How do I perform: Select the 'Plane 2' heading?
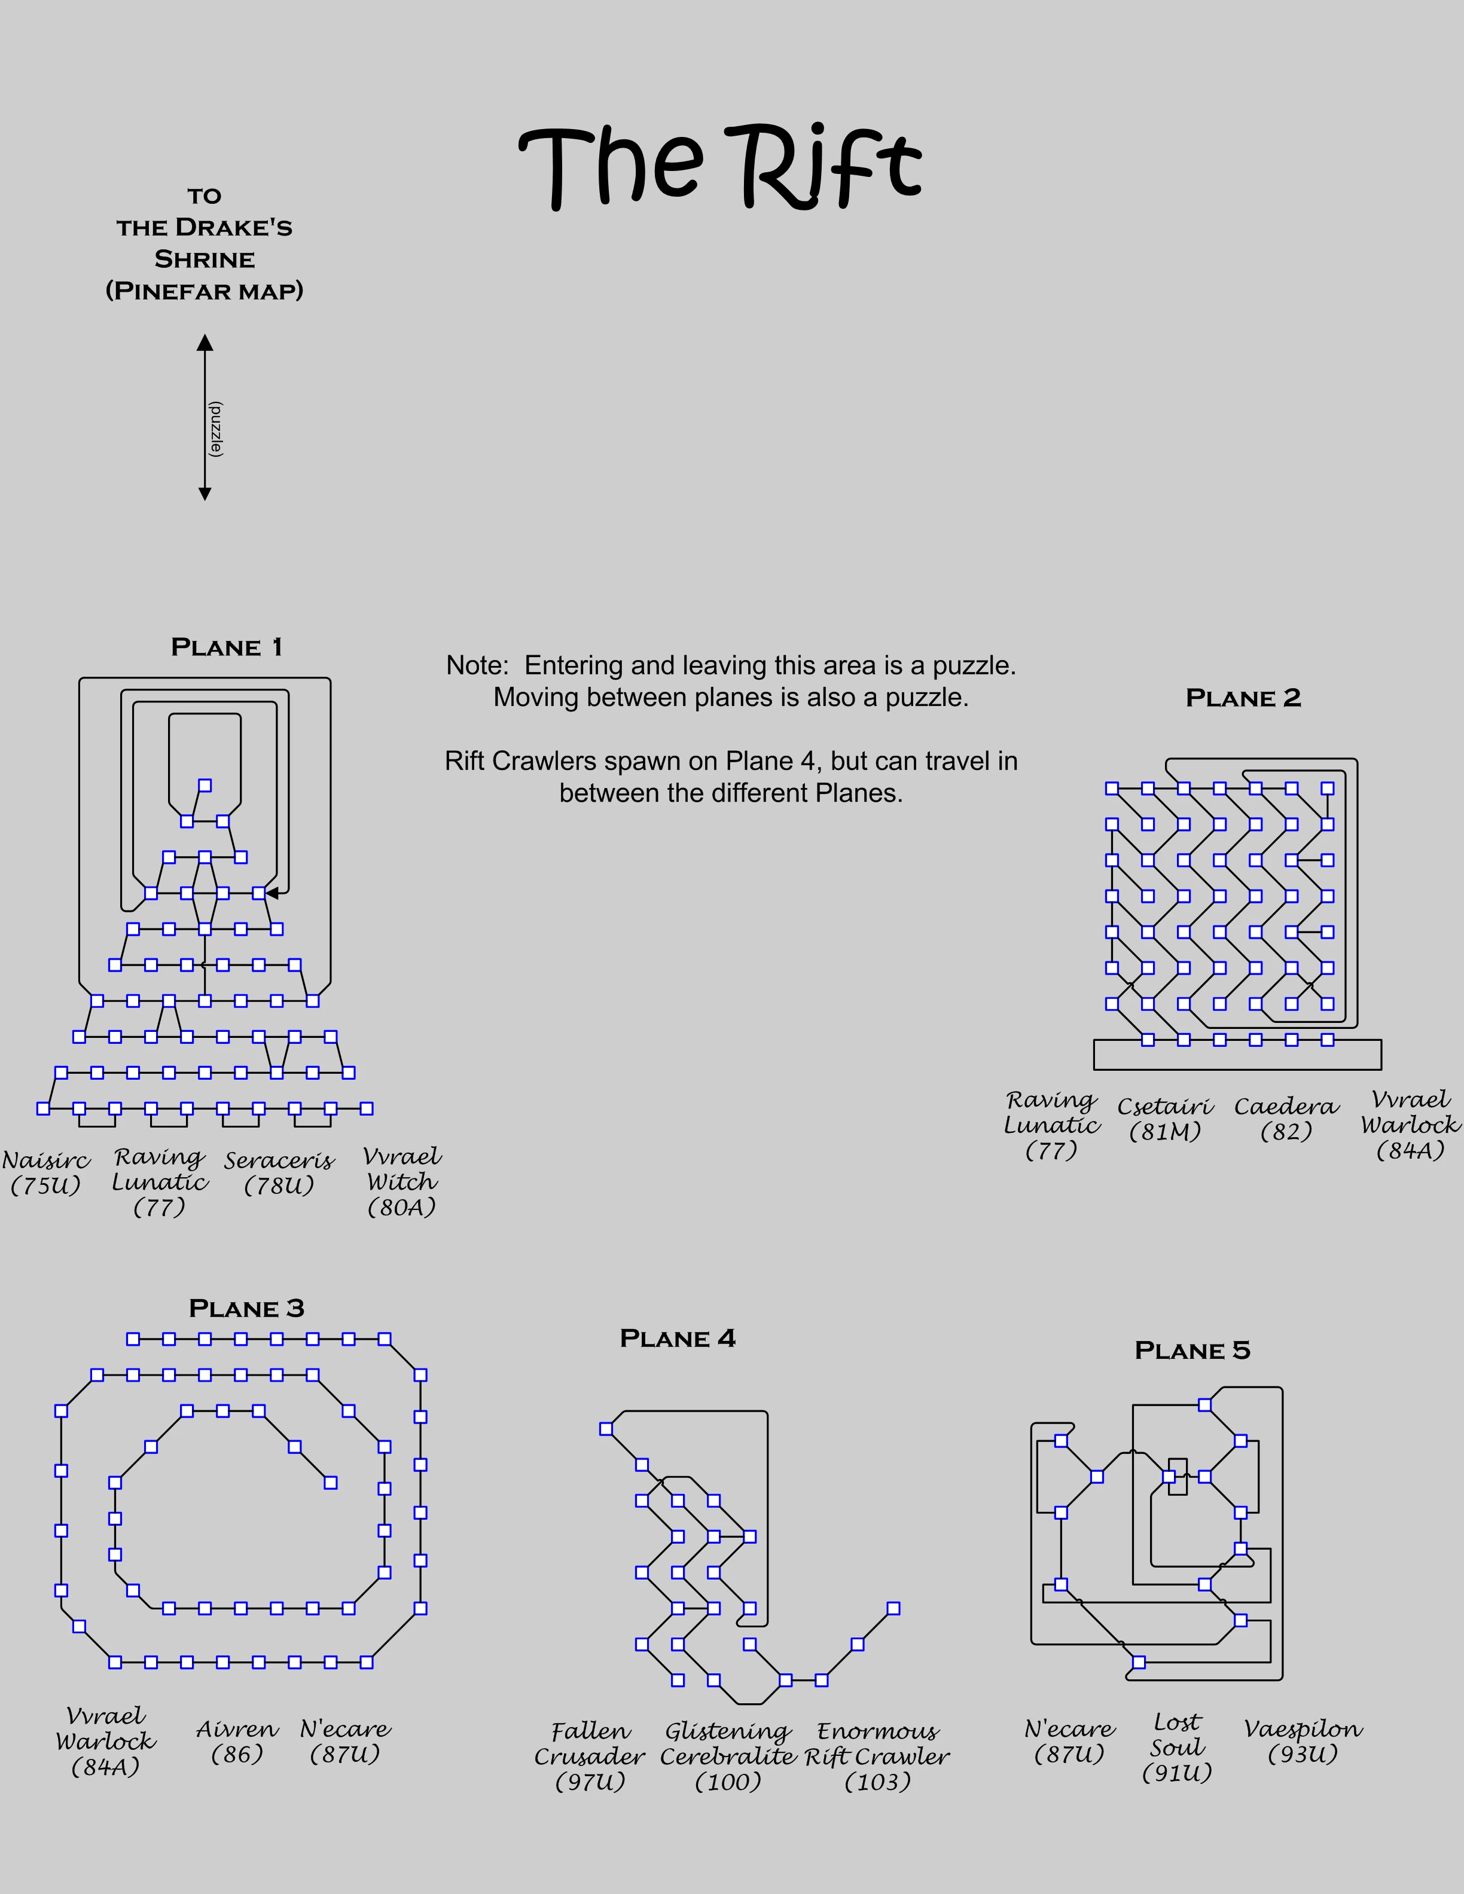(x=1243, y=698)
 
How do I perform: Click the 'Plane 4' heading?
(x=678, y=1338)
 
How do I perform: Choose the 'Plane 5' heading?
(x=1192, y=1351)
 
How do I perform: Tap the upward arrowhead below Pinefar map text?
(x=205, y=343)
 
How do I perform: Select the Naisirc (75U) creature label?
(x=46, y=1172)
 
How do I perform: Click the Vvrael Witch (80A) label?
(x=401, y=1181)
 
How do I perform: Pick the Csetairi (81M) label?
(x=1165, y=1119)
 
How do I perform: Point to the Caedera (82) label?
(x=1286, y=1119)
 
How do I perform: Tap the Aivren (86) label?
(x=237, y=1742)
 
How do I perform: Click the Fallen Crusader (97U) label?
(x=590, y=1756)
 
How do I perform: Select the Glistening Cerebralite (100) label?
(x=728, y=1756)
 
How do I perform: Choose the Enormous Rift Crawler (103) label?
(x=877, y=1756)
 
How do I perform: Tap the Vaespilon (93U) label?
(x=1303, y=1742)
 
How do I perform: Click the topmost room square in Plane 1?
(x=205, y=786)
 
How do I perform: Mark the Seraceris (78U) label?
(x=279, y=1172)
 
